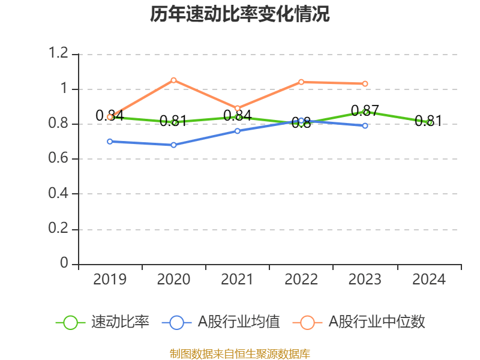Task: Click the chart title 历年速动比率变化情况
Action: (240, 14)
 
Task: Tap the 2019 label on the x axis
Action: (110, 280)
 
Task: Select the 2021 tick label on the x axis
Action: (238, 280)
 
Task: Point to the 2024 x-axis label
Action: (430, 280)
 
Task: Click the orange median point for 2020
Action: (174, 80)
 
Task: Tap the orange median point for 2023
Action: (365, 84)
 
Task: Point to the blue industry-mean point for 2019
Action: (110, 142)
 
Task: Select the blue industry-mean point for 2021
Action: (238, 131)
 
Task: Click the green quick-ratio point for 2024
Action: (430, 122)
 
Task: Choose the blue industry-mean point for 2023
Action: (365, 126)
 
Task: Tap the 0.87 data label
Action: (365, 111)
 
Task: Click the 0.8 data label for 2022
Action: (301, 124)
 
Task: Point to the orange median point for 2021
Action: (238, 109)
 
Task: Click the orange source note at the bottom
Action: (240, 353)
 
